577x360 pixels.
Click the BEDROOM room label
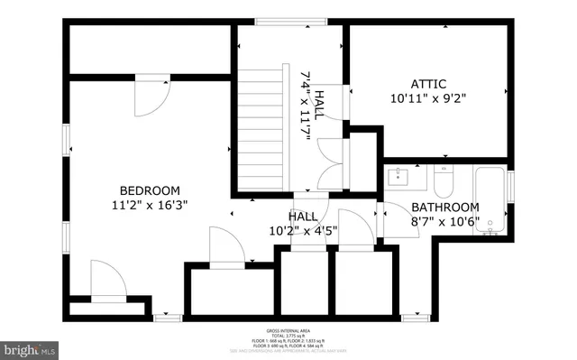(150, 190)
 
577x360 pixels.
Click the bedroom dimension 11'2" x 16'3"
(150, 205)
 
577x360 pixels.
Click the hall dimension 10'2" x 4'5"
(303, 231)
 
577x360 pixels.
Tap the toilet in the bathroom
(444, 183)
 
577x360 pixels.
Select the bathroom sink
(400, 176)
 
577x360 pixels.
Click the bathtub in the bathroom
(490, 199)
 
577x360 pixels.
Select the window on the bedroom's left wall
(67, 140)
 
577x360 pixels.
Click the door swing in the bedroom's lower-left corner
(105, 281)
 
